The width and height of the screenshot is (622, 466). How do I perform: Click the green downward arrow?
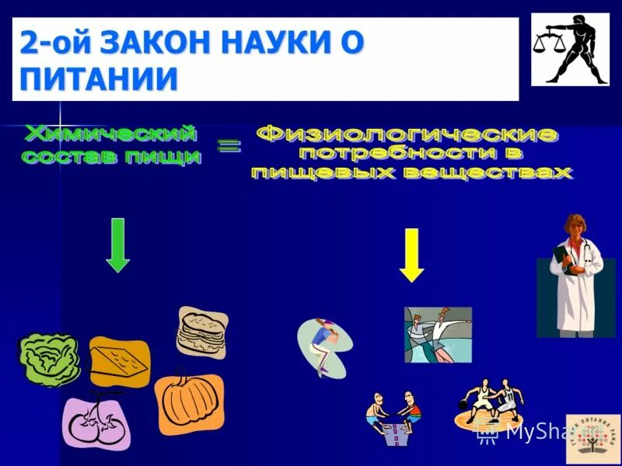click(x=117, y=245)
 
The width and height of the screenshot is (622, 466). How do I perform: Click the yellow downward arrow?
click(x=411, y=255)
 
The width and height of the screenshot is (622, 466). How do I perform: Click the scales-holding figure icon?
click(x=570, y=49)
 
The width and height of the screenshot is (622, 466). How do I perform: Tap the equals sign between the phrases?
click(x=229, y=148)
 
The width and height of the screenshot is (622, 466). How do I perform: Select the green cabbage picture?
click(x=50, y=360)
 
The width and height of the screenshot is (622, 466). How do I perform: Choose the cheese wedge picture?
click(x=119, y=362)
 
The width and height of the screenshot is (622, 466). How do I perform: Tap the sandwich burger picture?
click(x=202, y=332)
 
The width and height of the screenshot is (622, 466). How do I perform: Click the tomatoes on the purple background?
click(x=96, y=423)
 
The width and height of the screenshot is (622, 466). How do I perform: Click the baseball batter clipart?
click(x=323, y=346)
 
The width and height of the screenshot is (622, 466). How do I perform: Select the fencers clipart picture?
click(x=438, y=334)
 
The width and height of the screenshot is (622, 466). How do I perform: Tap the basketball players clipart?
click(x=489, y=403)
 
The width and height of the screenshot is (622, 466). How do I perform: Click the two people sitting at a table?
click(x=393, y=417)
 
